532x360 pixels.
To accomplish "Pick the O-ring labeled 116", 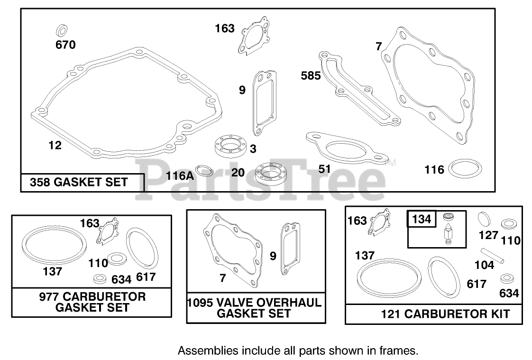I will [465, 167].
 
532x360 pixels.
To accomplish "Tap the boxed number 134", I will [422, 219].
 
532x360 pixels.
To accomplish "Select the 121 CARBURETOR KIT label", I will [445, 314].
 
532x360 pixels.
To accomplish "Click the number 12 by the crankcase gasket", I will [55, 145].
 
